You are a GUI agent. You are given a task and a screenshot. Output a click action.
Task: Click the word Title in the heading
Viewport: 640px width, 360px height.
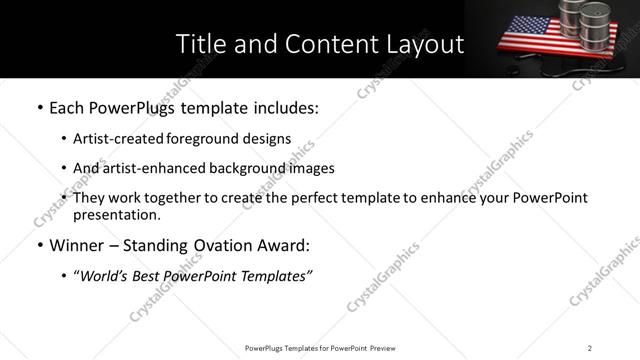tap(200, 44)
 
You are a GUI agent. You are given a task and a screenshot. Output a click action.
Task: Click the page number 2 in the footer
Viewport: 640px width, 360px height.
tap(590, 348)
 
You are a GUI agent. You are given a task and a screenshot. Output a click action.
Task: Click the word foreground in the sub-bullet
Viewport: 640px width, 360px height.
tap(214, 139)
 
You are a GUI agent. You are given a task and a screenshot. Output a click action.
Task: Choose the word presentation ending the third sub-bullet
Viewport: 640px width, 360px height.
tap(116, 215)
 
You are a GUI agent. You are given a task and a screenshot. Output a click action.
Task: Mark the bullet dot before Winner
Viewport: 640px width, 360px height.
tap(39, 245)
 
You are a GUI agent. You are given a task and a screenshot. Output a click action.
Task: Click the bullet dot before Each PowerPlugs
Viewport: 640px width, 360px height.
tap(39, 107)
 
